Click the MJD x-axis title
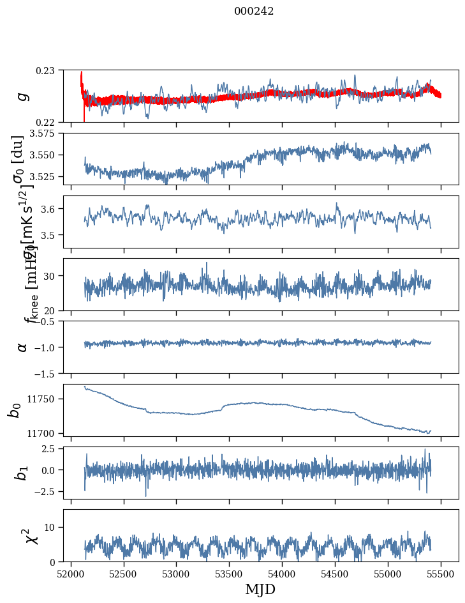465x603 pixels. point(260,590)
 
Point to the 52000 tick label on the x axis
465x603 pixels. point(71,574)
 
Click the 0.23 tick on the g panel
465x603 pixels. point(48,70)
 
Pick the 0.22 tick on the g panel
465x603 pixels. point(48,122)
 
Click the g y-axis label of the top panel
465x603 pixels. point(22,96)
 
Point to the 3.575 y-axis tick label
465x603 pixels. point(44,133)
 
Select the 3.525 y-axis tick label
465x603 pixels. point(44,176)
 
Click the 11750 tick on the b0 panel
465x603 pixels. point(45,399)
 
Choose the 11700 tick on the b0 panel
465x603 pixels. point(45,433)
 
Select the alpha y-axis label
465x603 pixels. point(22,347)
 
